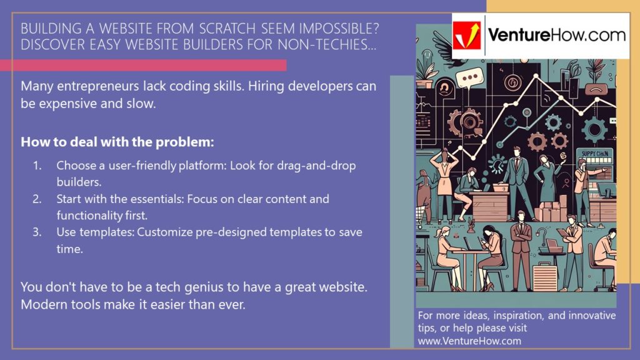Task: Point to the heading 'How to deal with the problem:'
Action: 117,142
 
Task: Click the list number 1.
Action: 37,166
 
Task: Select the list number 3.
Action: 37,232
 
